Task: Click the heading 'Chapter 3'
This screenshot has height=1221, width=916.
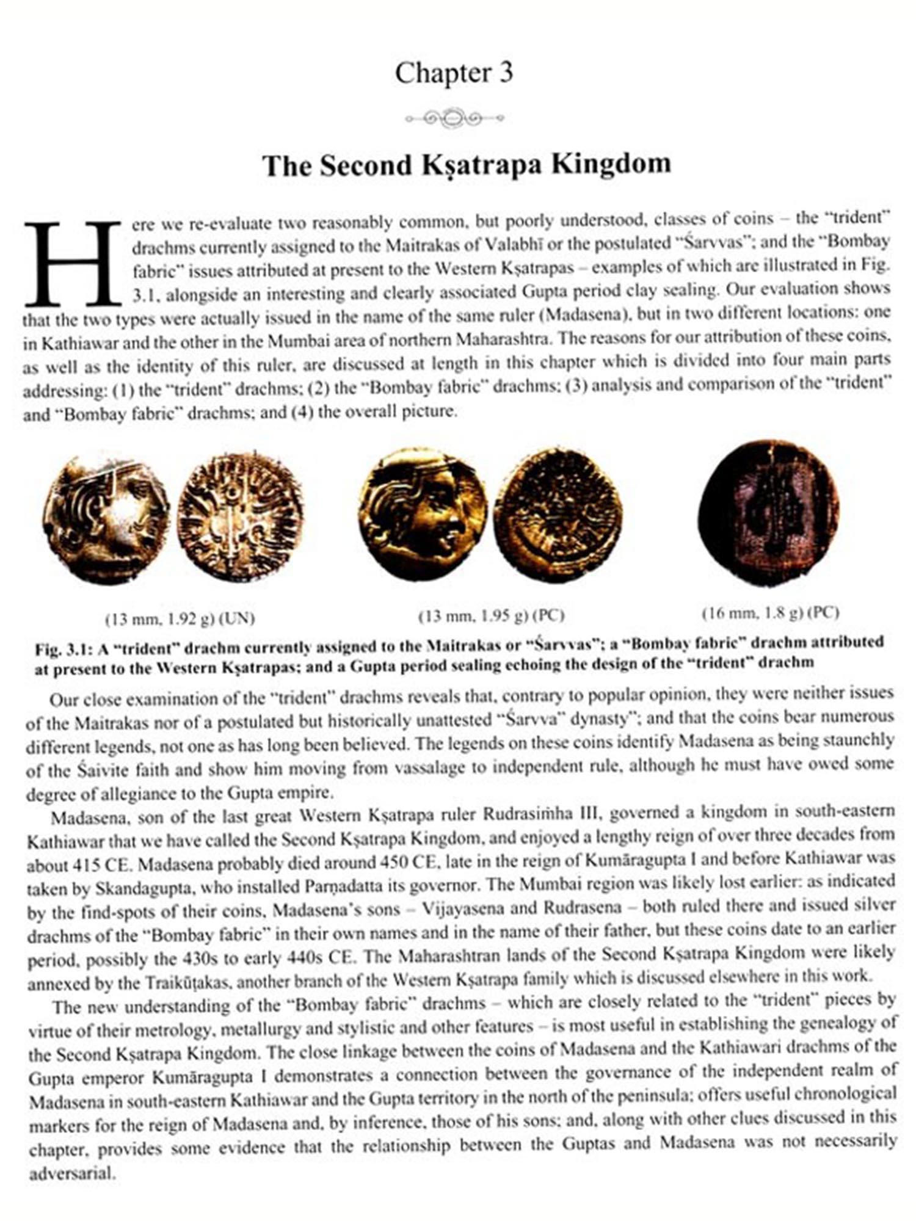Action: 454,73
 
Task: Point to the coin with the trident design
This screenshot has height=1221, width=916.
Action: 240,516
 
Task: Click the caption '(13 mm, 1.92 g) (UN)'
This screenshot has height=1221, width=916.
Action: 180,618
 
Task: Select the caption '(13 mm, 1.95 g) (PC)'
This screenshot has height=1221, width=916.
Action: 491,616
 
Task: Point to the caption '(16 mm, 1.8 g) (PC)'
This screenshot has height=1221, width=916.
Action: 771,612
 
